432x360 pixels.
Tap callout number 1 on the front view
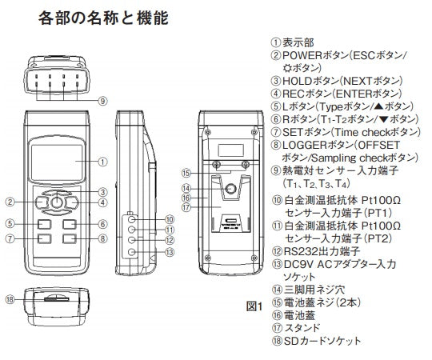coord(103,161)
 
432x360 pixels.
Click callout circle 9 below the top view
coord(103,102)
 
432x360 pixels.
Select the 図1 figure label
coord(254,306)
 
